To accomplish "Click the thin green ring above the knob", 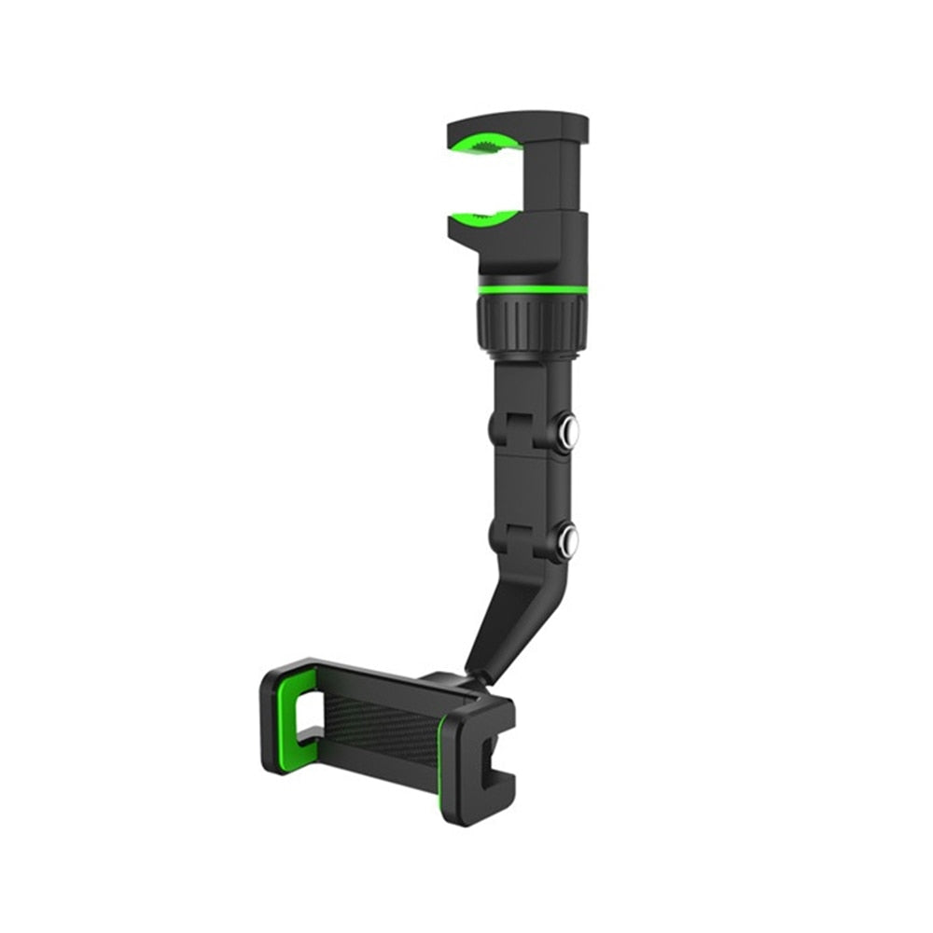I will [x=533, y=289].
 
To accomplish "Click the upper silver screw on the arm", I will [x=566, y=430].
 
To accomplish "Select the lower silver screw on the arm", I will [x=566, y=540].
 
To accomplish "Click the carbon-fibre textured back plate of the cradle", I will [x=383, y=728].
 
